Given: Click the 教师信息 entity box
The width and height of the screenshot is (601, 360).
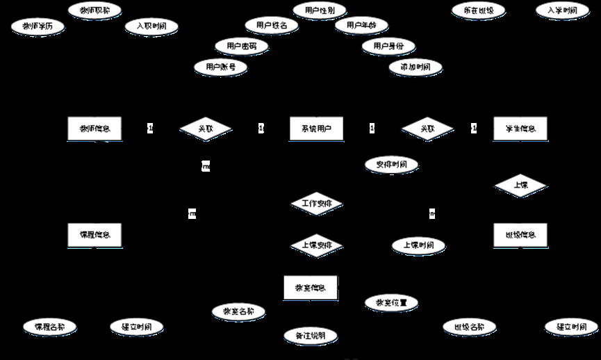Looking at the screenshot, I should pos(96,129).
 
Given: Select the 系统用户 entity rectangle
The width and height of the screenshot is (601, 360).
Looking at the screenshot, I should pos(316,129).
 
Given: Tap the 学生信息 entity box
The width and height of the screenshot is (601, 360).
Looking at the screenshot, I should pos(520,129).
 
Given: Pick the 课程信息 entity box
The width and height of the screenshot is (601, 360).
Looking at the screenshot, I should pos(96,235).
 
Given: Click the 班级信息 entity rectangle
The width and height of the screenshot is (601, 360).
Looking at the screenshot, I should pos(520,235).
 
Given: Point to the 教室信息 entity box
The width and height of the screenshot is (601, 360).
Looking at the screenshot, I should pos(311,288).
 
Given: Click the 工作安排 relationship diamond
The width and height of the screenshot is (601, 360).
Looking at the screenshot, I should pos(316,204).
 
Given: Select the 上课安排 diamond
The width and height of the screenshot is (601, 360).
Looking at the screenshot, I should pos(316,245).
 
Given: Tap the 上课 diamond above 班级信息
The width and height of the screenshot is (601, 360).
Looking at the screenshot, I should pos(520,186).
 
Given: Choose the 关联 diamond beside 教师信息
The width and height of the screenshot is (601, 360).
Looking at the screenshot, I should pos(206,129).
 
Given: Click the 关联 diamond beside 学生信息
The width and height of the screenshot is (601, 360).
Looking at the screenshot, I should pos(428,129).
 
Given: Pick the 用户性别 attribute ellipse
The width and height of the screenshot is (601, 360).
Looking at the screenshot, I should pos(320,10).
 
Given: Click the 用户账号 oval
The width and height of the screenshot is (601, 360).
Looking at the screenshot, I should pos(221,67).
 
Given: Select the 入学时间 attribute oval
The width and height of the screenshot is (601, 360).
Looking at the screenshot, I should pos(562,11).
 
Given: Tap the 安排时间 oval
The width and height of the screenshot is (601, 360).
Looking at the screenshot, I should pos(391,165).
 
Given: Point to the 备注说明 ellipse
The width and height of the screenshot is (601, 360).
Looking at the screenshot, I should pos(310,336).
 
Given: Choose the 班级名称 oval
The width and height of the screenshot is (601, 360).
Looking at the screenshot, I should pos(469,327).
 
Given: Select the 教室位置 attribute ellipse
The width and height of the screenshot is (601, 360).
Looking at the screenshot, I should pos(391,302).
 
